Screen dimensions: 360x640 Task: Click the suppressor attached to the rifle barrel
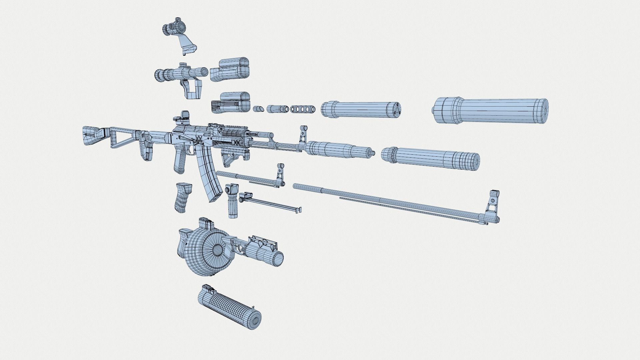337,149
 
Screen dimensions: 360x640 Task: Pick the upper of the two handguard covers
231,70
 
